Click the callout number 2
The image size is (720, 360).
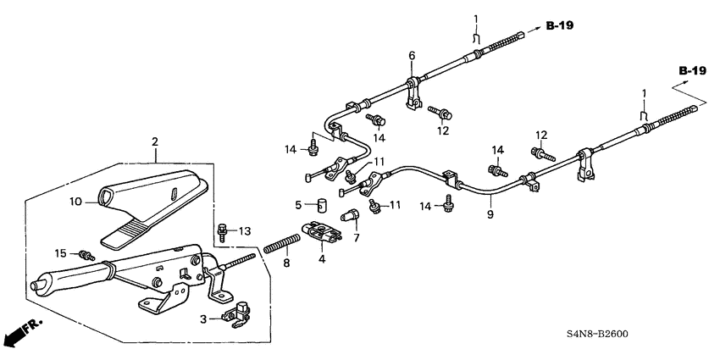point(155,141)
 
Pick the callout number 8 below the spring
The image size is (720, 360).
point(285,263)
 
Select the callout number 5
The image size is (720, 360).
point(297,205)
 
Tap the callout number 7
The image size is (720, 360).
point(355,238)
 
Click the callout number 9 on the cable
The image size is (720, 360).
point(490,214)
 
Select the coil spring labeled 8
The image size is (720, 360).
point(280,241)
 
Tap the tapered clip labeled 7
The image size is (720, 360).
point(347,218)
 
